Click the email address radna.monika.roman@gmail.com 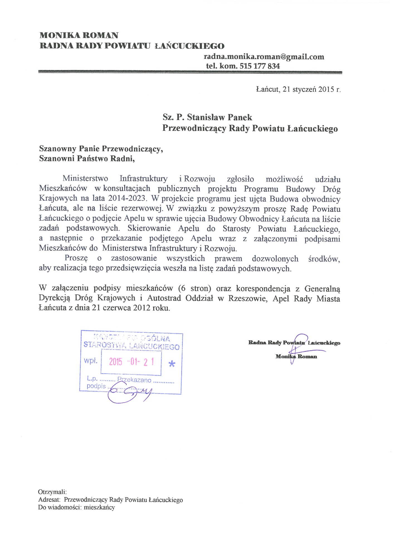(x=264, y=57)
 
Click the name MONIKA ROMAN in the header (x=79, y=35)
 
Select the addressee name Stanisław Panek (x=220, y=117)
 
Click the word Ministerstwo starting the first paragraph (x=85, y=179)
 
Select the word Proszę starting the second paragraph (x=76, y=259)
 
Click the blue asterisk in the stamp (x=172, y=364)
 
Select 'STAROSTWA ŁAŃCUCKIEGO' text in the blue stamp (x=132, y=346)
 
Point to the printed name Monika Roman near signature (x=296, y=356)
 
